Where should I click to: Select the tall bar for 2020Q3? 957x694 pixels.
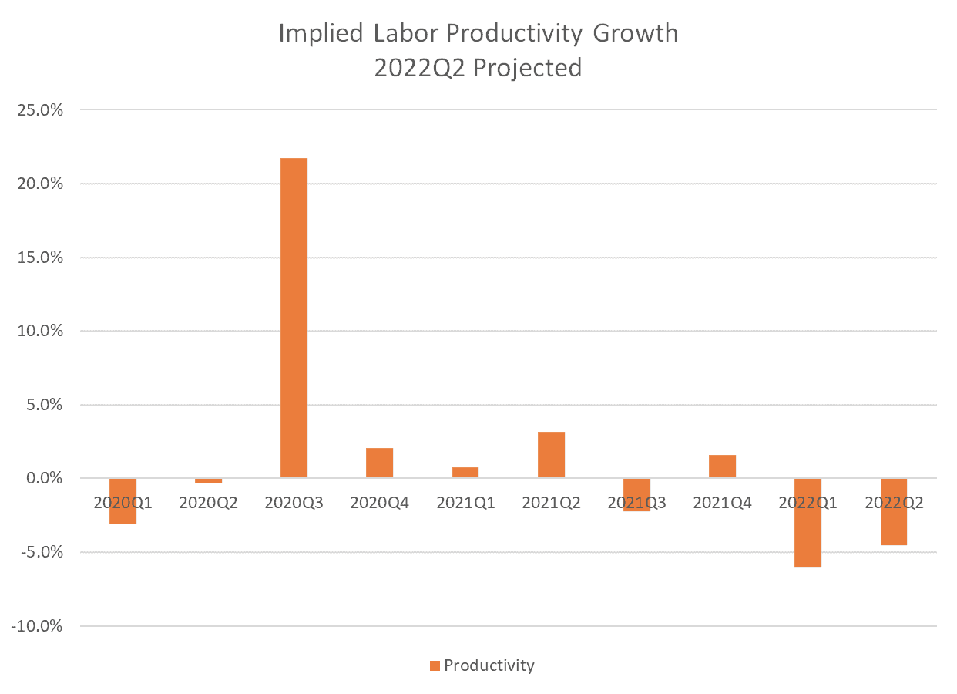pyautogui.click(x=294, y=318)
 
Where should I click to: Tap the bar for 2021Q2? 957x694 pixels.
pyautogui.click(x=551, y=455)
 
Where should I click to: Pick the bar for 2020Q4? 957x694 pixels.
pyautogui.click(x=379, y=463)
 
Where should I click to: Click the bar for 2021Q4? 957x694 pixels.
pyautogui.click(x=723, y=467)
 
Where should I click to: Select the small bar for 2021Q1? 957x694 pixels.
pyautogui.click(x=465, y=473)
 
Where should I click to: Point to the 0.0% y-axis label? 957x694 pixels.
pyautogui.click(x=41, y=478)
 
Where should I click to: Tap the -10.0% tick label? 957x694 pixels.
pyautogui.click(x=36, y=625)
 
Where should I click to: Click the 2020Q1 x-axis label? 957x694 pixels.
pyautogui.click(x=123, y=503)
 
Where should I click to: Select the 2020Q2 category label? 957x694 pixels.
pyautogui.click(x=209, y=503)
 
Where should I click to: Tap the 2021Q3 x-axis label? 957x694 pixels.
pyautogui.click(x=637, y=503)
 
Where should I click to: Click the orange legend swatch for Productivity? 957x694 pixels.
pyautogui.click(x=435, y=665)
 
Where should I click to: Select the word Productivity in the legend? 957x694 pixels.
pyautogui.click(x=489, y=665)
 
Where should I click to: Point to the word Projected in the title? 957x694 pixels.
pyautogui.click(x=527, y=68)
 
